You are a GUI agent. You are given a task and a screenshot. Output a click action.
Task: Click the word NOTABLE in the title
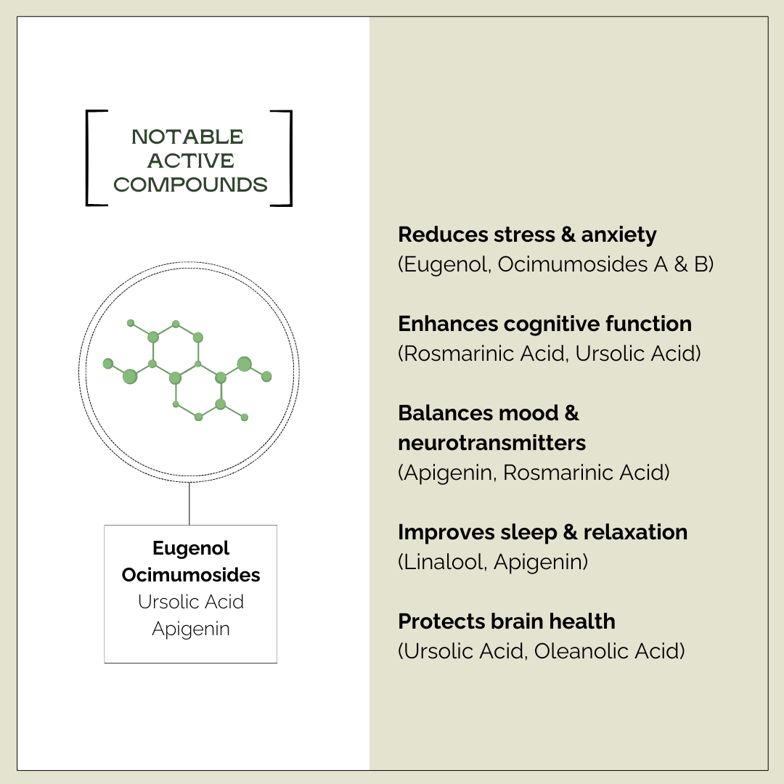[188, 137]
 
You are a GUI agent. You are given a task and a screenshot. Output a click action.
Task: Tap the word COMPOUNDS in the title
[190, 185]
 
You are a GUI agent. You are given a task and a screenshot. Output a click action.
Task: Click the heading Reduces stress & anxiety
[527, 234]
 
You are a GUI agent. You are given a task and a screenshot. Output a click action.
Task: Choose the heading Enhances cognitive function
[544, 324]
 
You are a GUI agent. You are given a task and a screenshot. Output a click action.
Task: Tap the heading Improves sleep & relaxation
[542, 532]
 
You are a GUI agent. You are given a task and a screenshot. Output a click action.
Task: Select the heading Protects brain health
[506, 621]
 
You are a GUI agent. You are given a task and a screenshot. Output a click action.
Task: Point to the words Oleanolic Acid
[608, 651]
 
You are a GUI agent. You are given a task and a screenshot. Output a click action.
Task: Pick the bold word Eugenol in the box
[191, 548]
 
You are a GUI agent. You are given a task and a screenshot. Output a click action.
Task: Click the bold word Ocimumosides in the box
[191, 575]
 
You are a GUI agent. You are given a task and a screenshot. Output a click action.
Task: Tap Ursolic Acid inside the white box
[191, 602]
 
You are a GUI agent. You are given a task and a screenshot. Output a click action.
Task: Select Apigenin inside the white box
[191, 629]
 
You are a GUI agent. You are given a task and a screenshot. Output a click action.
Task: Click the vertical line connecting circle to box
[189, 503]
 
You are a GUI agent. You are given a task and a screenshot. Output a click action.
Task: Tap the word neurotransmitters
[491, 442]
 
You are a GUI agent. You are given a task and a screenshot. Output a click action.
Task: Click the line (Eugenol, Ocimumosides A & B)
[555, 264]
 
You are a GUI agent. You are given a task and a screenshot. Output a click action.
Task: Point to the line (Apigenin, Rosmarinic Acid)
[534, 473]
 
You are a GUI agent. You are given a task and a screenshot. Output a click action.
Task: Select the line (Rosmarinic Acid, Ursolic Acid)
[549, 354]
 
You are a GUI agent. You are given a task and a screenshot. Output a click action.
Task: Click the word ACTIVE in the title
[191, 161]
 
